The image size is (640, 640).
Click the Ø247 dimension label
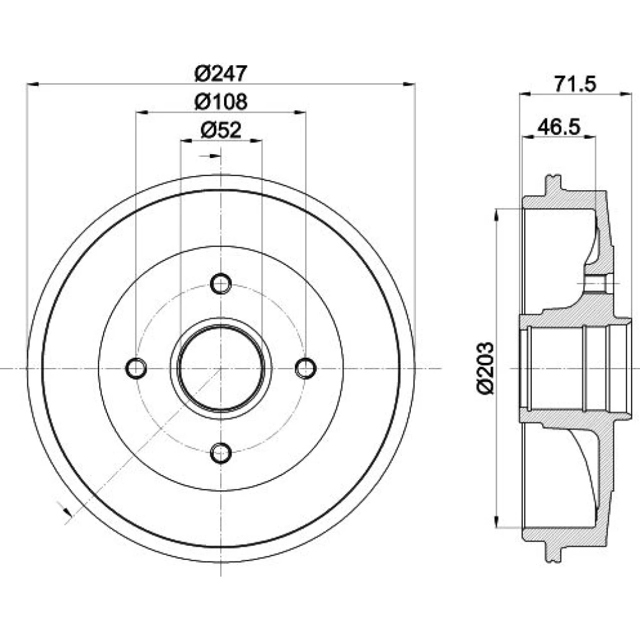click(x=221, y=74)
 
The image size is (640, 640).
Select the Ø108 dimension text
click(x=221, y=102)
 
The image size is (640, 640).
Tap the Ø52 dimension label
click(x=221, y=130)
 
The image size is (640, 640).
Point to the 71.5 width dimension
click(x=575, y=84)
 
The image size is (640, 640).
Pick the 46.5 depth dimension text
click(x=559, y=127)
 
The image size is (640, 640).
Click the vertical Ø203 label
click(x=485, y=368)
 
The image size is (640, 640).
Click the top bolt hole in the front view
click(x=221, y=284)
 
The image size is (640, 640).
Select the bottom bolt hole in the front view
click(x=221, y=453)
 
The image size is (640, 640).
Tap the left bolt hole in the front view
click(x=136, y=368)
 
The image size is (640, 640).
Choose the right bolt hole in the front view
click(x=306, y=368)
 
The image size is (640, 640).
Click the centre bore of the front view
click(x=221, y=368)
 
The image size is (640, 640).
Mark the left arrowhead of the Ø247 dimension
click(x=33, y=84)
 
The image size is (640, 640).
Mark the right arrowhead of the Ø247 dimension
click(x=409, y=84)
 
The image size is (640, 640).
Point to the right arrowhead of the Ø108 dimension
click(x=300, y=112)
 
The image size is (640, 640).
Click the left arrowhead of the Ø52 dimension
click(x=186, y=141)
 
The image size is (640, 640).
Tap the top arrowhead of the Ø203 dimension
click(x=497, y=215)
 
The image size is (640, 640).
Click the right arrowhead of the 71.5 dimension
click(x=626, y=94)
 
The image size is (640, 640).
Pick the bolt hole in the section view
click(x=595, y=283)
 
